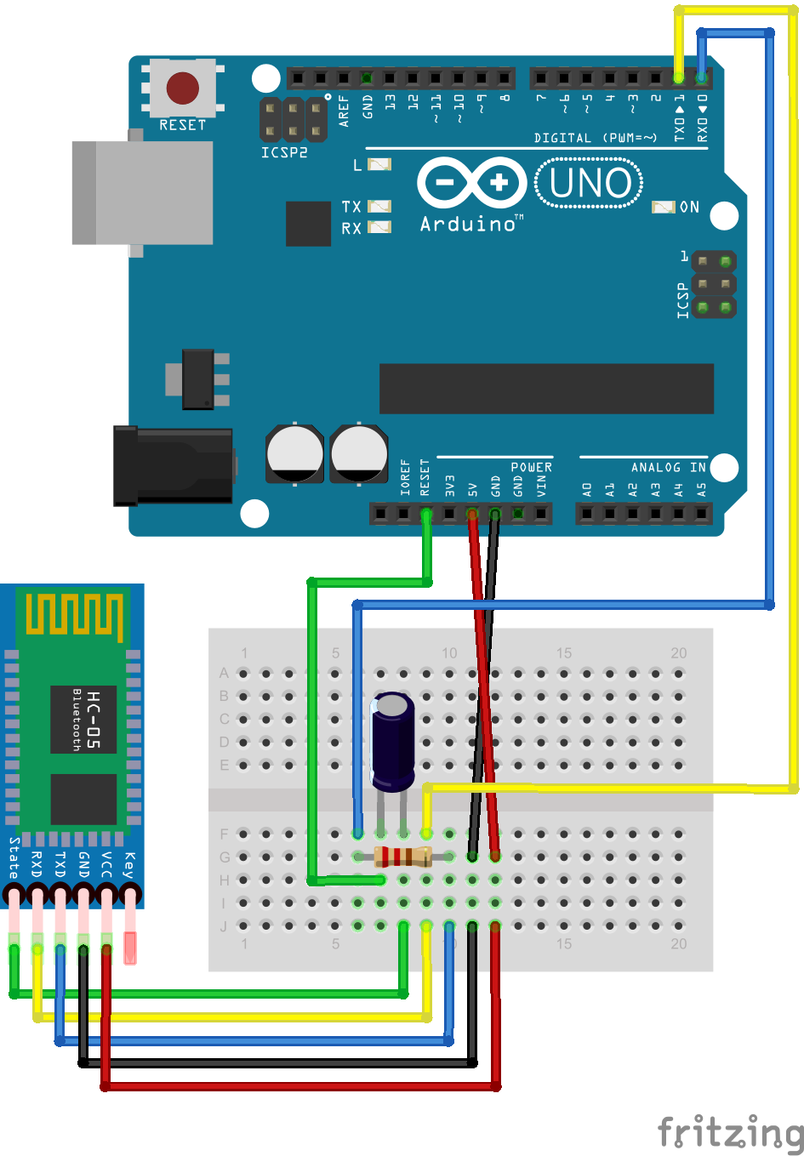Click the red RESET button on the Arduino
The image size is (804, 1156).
183,88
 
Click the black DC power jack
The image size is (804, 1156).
174,466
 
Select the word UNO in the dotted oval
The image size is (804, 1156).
590,183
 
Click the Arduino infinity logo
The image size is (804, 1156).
473,182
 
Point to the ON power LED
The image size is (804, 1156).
664,207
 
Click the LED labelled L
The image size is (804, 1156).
379,164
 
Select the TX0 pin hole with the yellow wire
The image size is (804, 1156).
678,78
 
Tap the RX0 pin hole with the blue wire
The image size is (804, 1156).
701,78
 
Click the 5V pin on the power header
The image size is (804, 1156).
472,514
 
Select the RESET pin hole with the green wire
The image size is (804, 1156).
426,514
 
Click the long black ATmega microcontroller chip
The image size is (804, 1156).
546,389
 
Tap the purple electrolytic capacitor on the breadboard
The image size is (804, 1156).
393,740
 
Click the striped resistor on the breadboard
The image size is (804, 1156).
403,857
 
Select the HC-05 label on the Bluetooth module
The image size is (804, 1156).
93,720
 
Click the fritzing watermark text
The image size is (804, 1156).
730,1132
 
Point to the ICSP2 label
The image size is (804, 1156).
284,153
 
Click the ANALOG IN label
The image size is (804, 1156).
668,467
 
